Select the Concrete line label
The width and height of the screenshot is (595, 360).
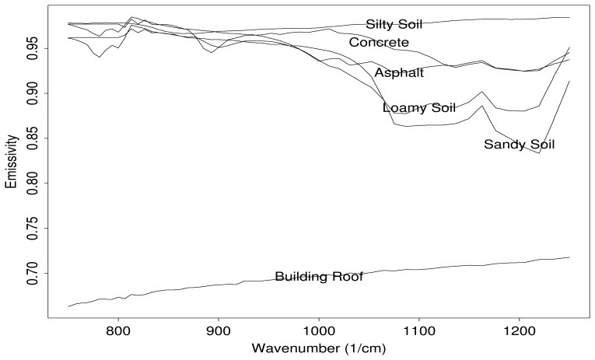click(x=379, y=42)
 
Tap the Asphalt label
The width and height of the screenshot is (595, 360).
click(x=399, y=73)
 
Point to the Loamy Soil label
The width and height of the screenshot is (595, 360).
click(x=418, y=108)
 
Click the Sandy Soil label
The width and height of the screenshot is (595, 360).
click(x=519, y=145)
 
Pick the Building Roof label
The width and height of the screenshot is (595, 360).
click(x=319, y=277)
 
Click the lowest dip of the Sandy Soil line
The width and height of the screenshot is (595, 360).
click(x=539, y=153)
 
